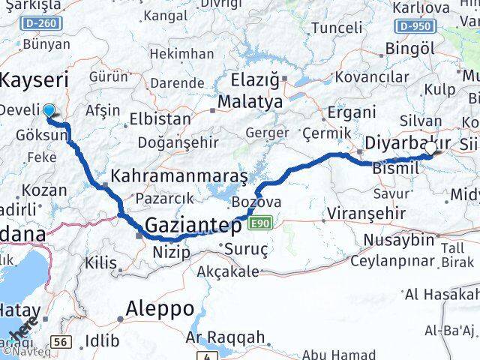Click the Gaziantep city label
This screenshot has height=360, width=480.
point(193,225)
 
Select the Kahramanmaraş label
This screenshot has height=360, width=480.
point(178,175)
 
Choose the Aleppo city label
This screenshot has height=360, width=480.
point(160,308)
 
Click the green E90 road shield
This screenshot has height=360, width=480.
point(260,223)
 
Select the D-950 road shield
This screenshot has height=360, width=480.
point(415,26)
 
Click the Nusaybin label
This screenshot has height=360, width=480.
point(398,240)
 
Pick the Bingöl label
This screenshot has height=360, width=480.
point(409,49)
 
